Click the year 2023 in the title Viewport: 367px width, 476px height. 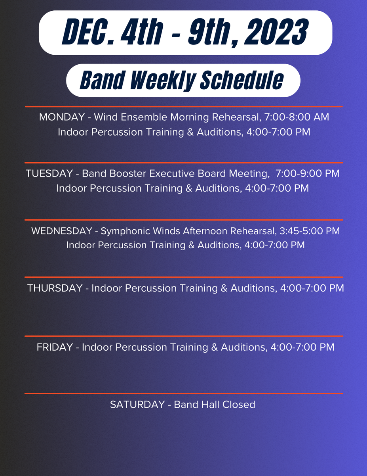click(276, 32)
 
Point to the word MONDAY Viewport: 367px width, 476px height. click(62, 117)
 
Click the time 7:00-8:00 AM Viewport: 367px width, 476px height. click(297, 117)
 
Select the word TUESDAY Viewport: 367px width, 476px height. click(49, 173)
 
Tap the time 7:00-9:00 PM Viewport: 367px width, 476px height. click(308, 173)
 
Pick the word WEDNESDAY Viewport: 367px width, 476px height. click(62, 231)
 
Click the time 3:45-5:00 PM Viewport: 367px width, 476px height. click(310, 231)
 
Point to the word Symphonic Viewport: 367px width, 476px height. click(125, 232)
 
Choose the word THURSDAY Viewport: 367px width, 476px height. click(55, 288)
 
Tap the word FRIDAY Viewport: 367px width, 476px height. click(55, 347)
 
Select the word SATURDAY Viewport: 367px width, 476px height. click(137, 405)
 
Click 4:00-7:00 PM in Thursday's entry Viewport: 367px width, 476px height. click(312, 288)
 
